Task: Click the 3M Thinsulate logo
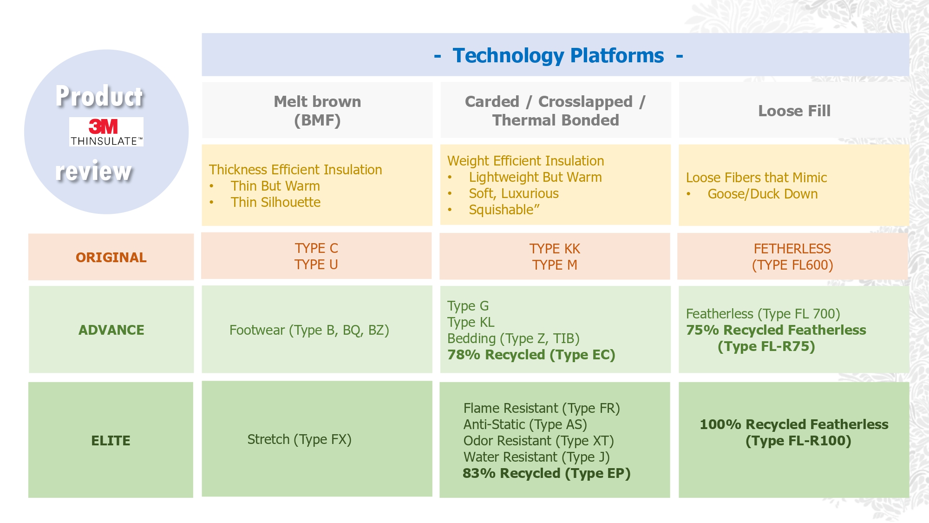click(x=106, y=132)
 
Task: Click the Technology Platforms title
click(x=558, y=55)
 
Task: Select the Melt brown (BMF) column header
click(x=317, y=111)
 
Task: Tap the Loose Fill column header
click(x=794, y=111)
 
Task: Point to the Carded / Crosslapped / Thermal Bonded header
click(x=556, y=111)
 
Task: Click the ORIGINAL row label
click(x=111, y=257)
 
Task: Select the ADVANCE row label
click(x=111, y=330)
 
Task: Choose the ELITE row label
click(x=111, y=440)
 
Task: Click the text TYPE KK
click(x=555, y=249)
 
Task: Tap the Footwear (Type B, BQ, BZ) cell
click(x=309, y=330)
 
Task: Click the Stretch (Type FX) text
click(x=299, y=439)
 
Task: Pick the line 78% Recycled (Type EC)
click(x=531, y=355)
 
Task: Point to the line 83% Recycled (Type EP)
click(x=547, y=473)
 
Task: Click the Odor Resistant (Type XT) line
click(x=539, y=441)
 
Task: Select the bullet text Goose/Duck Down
click(x=763, y=194)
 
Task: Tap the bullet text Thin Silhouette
click(x=275, y=202)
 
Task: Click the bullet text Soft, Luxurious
click(x=514, y=193)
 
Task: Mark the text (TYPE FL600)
click(x=792, y=265)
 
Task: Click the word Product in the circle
click(x=99, y=96)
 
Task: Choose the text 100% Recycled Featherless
click(x=794, y=424)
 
